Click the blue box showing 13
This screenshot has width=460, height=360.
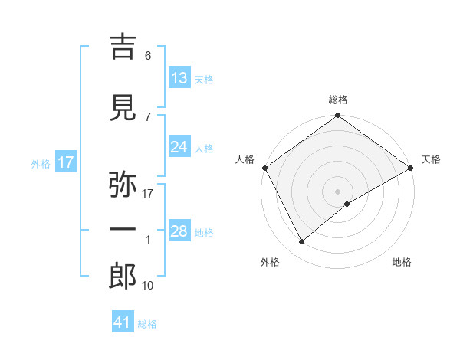[x=179, y=78]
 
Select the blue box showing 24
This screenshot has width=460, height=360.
[x=179, y=147]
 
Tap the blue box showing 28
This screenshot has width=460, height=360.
[x=179, y=231]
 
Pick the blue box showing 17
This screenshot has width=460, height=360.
[x=65, y=162]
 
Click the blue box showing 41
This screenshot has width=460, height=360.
[x=123, y=322]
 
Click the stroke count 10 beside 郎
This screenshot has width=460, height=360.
[x=149, y=286]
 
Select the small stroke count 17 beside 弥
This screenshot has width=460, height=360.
[x=149, y=194]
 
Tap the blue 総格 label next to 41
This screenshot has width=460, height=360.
[x=147, y=324]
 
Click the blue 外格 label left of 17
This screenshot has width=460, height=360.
[x=40, y=164]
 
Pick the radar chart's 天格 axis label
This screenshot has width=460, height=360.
[x=431, y=159]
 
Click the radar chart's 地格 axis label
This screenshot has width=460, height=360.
[x=402, y=262]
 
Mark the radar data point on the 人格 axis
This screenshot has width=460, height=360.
[x=264, y=167]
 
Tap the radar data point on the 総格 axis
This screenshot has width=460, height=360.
[x=337, y=116]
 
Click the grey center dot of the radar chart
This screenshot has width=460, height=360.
[x=337, y=191]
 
